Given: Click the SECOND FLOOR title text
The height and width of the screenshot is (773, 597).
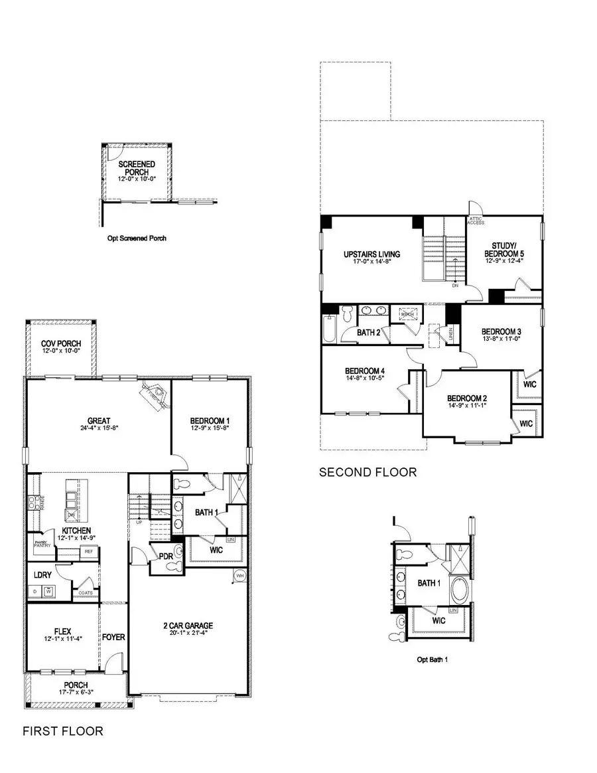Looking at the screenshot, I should pos(367,472).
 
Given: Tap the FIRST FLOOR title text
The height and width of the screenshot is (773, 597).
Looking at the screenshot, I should pos(63,731).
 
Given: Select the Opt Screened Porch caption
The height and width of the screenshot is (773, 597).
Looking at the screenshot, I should pos(137,238).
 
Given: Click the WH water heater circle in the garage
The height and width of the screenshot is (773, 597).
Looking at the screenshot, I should pos(239,575).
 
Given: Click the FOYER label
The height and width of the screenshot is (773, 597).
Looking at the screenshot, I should pos(113,638).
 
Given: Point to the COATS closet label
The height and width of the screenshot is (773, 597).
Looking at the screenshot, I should pos(85,592).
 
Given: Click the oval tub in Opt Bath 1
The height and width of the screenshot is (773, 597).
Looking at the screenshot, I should pos(458,589).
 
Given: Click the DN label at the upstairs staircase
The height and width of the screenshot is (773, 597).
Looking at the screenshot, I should pos(455,286).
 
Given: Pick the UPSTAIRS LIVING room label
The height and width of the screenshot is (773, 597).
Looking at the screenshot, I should pos(371,254).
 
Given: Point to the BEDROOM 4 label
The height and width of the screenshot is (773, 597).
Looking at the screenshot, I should pos(364,371).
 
